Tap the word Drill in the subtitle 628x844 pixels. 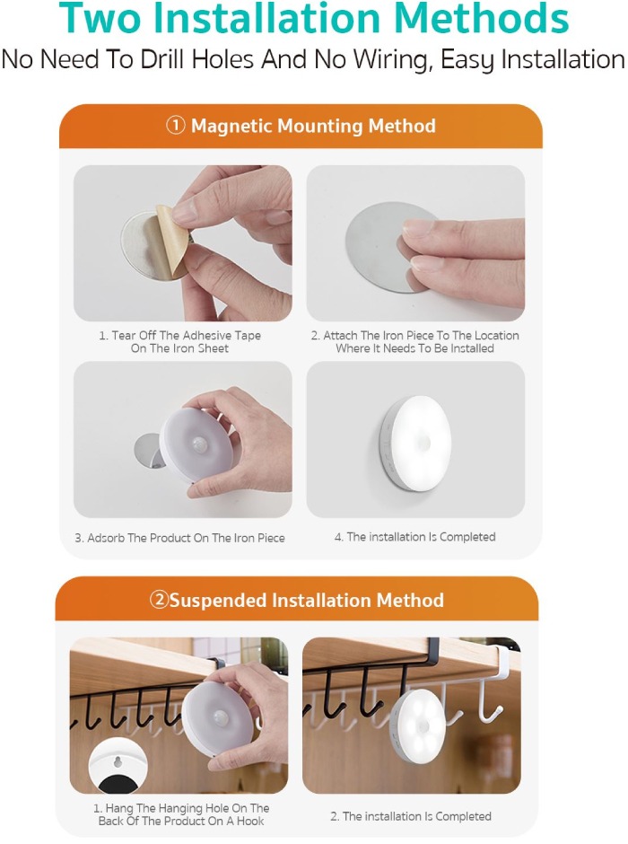coord(163,59)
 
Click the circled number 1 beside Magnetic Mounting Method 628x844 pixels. coord(175,126)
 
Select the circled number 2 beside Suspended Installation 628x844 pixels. coord(159,600)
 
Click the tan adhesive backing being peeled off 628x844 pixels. coord(171,237)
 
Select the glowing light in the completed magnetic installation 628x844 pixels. coord(419,443)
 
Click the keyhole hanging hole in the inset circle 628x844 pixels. coord(118,761)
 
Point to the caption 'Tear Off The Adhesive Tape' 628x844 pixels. coord(180,335)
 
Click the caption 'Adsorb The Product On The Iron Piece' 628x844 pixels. coord(179,538)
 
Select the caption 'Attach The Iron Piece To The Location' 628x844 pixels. coord(415,335)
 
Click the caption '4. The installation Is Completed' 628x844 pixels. coord(415,537)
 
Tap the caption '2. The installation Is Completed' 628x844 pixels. coord(411,816)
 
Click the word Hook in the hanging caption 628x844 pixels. coord(250,821)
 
